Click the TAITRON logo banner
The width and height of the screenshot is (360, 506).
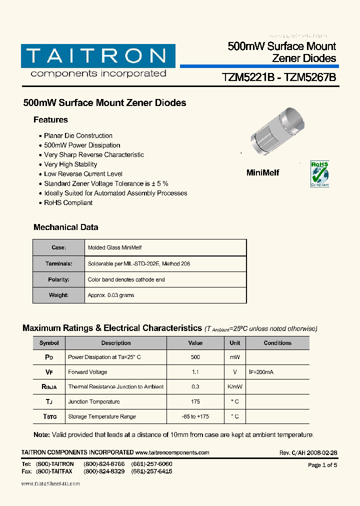coord(98,56)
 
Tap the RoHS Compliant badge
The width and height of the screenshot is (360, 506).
coord(320,173)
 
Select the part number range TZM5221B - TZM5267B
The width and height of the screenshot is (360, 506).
coord(278,78)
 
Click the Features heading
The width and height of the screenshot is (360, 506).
coord(50,120)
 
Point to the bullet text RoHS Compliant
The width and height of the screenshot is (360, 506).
coord(68,202)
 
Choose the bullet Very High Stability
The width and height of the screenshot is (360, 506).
coord(70,164)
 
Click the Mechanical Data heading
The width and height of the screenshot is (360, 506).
coord(65,227)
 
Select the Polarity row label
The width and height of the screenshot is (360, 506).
coord(58,279)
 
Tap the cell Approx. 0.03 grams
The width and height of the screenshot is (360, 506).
coord(111,295)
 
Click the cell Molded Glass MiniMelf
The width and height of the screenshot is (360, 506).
coord(114,247)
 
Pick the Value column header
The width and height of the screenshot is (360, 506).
coord(195,343)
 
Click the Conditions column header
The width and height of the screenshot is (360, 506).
coord(277,343)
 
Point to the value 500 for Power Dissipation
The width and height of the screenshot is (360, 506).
coord(195,357)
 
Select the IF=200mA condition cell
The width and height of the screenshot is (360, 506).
coord(261,372)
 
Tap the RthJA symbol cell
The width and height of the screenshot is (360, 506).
coord(49,387)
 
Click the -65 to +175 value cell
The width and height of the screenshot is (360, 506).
coord(195,416)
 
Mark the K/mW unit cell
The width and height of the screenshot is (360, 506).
coord(234,387)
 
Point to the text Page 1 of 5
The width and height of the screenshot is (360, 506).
coord(322,465)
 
